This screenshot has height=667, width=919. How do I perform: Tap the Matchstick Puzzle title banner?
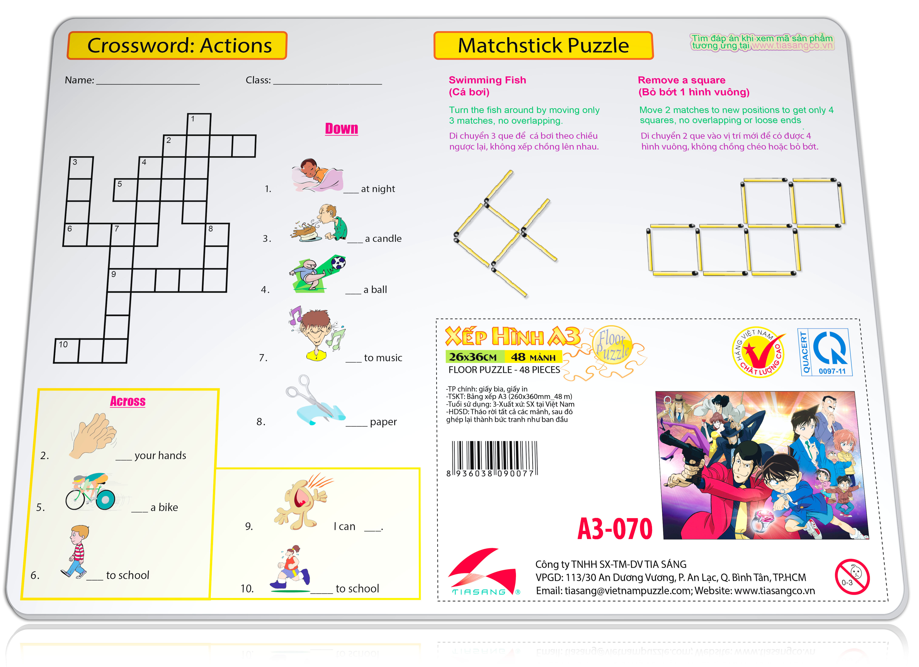(x=543, y=45)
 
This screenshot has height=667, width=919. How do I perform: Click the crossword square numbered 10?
(x=67, y=350)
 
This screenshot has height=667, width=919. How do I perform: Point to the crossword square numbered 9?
(x=120, y=280)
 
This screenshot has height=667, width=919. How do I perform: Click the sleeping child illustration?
(x=317, y=175)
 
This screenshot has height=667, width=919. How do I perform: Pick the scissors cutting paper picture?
(x=315, y=401)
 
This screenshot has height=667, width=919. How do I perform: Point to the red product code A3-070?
(x=615, y=529)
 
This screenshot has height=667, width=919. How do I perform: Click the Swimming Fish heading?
(x=487, y=86)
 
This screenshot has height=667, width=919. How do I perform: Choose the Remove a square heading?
(x=694, y=86)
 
